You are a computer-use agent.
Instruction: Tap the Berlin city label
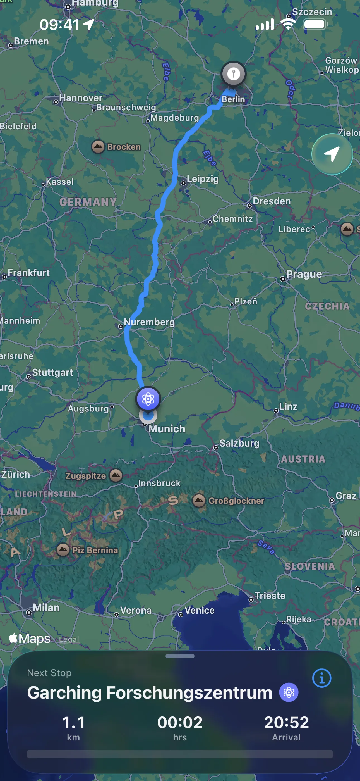pos(233,99)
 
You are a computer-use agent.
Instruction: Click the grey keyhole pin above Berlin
pos(233,73)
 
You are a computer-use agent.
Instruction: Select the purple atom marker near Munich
pos(148,399)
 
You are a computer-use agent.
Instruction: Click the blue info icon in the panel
pos(321,678)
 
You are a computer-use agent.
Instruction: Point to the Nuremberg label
pos(149,322)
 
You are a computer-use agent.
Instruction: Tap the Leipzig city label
pos(202,179)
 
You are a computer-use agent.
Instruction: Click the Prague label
pos(304,274)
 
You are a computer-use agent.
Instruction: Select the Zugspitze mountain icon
pos(116,475)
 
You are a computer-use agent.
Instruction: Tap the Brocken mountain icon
pos(98,147)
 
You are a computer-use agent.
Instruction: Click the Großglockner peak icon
pos(199,500)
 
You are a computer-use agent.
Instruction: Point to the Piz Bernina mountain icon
pos(63,549)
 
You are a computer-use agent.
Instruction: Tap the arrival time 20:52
pos(286,723)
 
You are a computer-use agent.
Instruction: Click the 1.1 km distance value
pos(73,723)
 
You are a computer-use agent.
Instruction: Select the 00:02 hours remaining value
pos(180,723)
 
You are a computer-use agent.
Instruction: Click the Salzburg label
pos(239,443)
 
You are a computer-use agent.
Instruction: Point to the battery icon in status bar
pos(315,24)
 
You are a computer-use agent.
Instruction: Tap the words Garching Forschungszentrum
pos(150,693)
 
